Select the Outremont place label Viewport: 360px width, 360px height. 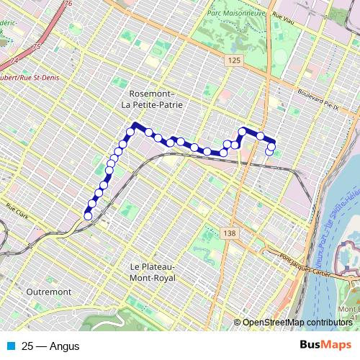[48, 292]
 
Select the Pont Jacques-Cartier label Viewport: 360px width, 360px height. [296, 257]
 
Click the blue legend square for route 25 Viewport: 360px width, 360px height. [10, 346]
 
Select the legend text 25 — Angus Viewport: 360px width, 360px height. [50, 346]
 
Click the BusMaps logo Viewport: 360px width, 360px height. [325, 346]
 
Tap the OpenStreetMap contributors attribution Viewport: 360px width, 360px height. [297, 323]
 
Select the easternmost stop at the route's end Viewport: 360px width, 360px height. [271, 151]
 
